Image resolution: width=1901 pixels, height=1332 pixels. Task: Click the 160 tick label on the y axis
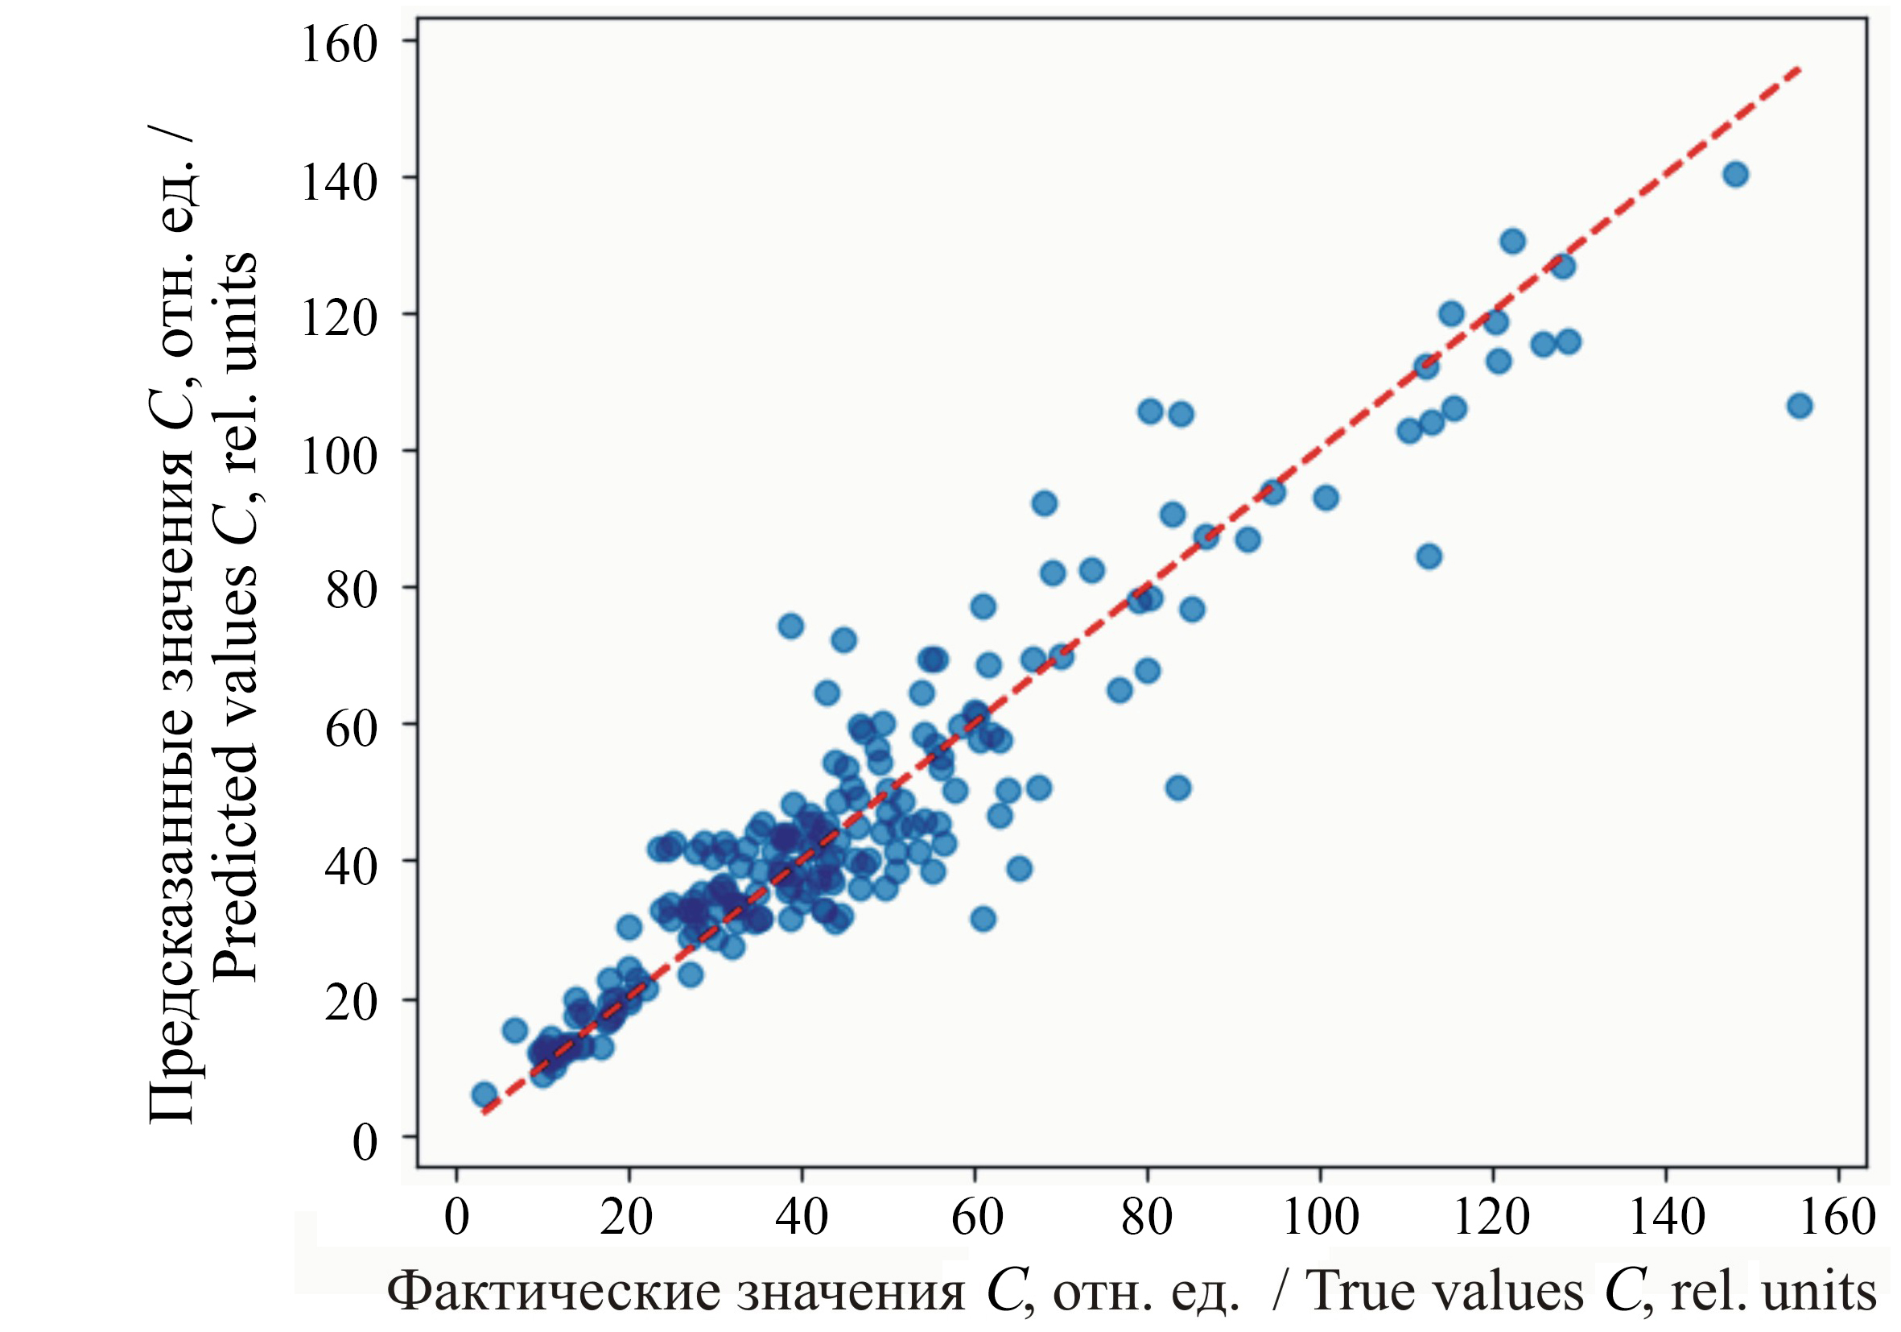pyautogui.click(x=339, y=44)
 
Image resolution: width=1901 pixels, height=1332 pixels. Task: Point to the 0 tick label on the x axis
pyautogui.click(x=457, y=1217)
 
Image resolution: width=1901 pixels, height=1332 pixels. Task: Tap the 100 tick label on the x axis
pyautogui.click(x=1320, y=1217)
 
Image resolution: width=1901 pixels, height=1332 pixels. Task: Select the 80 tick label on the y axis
pyautogui.click(x=351, y=590)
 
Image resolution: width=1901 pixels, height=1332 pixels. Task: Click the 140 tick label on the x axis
pyautogui.click(x=1666, y=1217)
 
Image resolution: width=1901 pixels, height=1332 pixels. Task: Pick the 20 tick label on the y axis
pyautogui.click(x=351, y=1003)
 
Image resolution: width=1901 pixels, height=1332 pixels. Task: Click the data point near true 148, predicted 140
pyautogui.click(x=1735, y=175)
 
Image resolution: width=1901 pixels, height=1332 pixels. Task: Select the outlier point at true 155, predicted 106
pyautogui.click(x=1799, y=406)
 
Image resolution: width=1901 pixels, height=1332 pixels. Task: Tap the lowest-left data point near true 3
pyautogui.click(x=485, y=1094)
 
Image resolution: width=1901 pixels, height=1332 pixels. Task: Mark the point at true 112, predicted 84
pyautogui.click(x=1429, y=556)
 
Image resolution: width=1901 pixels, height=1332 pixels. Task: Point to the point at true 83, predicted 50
pyautogui.click(x=1178, y=788)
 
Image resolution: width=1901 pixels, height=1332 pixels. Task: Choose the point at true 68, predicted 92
pyautogui.click(x=1044, y=503)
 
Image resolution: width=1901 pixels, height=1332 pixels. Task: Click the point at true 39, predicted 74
pyautogui.click(x=790, y=627)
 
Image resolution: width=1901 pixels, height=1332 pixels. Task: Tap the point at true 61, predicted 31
pyautogui.click(x=983, y=919)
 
